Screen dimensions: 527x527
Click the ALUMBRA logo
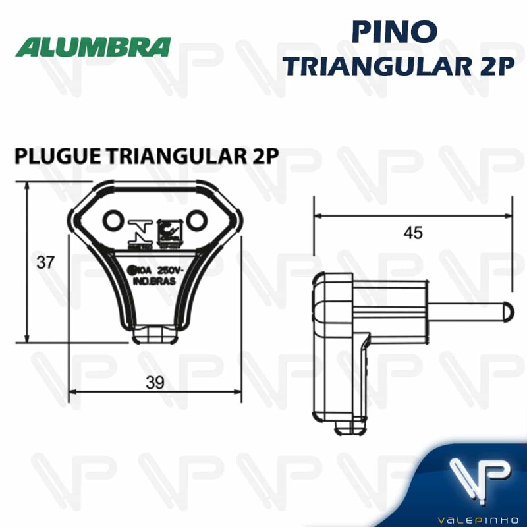(x=94, y=47)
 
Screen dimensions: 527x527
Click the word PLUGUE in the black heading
(x=55, y=156)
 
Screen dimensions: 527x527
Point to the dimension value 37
(x=45, y=262)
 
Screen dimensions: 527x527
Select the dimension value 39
(x=155, y=381)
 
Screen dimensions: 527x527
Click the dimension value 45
(x=413, y=233)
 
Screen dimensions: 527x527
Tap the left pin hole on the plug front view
(x=114, y=219)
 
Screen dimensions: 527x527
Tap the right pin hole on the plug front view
(x=197, y=219)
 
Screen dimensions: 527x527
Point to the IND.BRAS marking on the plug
(x=155, y=281)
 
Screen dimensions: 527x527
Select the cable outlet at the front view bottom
(x=155, y=335)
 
